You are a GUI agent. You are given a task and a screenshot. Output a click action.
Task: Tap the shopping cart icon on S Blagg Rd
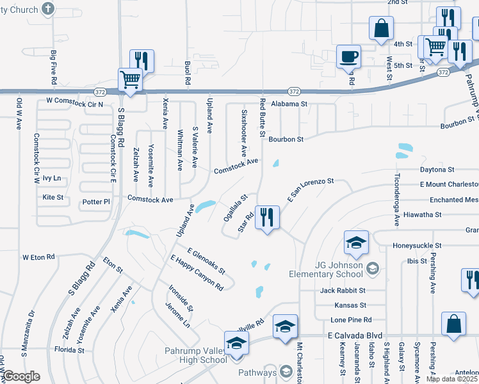(130, 81)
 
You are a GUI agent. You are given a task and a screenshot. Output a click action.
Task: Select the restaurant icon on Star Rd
(266, 217)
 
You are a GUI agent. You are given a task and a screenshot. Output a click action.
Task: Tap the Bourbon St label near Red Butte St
(286, 138)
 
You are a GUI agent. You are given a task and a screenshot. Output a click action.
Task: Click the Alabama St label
(289, 103)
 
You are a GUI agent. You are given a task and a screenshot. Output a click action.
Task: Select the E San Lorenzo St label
(311, 190)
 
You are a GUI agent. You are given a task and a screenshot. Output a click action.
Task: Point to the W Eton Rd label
(39, 257)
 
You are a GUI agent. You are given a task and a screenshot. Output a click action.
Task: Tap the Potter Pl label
(97, 202)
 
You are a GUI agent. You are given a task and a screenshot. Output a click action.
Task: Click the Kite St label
(53, 198)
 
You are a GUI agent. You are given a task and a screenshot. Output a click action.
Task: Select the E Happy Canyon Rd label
(196, 273)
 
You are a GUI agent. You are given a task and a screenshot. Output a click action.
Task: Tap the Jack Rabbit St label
(343, 291)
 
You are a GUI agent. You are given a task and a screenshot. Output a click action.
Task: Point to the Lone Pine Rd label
(350, 319)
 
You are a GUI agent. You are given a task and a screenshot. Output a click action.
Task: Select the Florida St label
(69, 350)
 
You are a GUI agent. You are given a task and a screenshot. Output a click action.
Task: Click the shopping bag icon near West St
(381, 29)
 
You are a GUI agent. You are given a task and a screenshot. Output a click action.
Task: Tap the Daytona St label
(437, 170)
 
